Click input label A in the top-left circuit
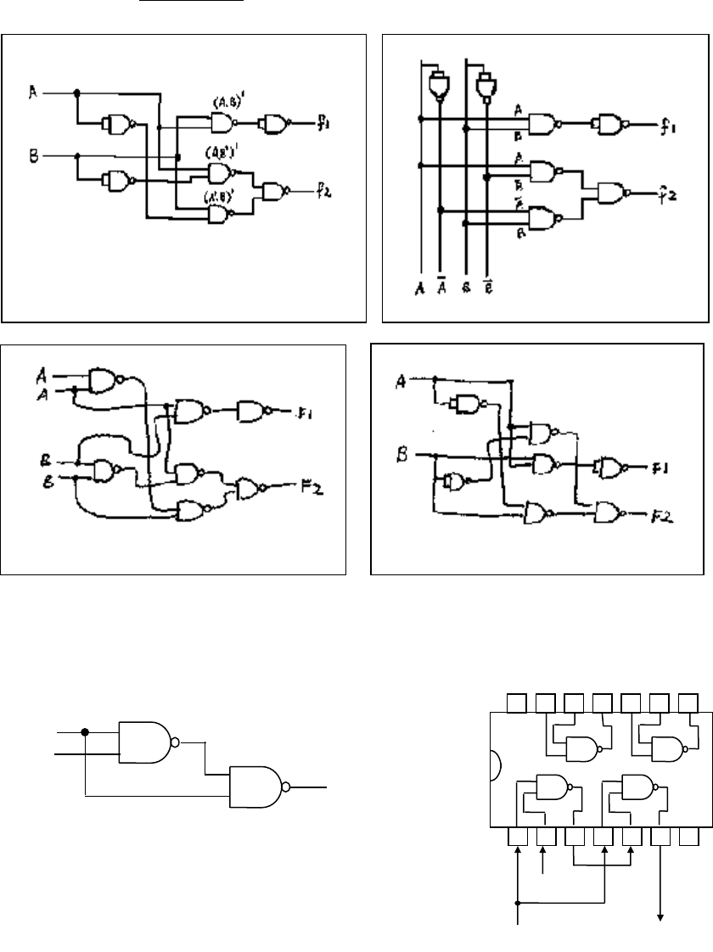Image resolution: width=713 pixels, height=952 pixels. pos(32,92)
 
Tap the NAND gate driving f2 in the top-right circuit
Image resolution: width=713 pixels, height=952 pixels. pos(612,194)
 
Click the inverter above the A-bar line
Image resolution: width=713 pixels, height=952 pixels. pos(440,85)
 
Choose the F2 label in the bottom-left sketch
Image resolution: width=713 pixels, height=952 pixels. pos(314,489)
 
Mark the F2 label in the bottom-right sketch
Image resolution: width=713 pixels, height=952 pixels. pos(659,513)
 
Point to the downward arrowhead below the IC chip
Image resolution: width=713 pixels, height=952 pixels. pos(661,915)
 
